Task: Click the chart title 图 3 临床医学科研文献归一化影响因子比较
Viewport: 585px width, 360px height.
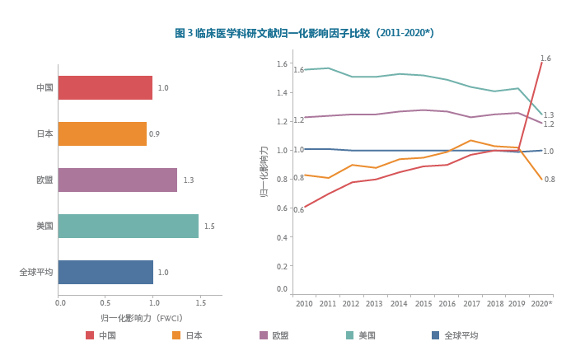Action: coord(304,34)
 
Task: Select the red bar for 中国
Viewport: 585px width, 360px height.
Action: coord(105,88)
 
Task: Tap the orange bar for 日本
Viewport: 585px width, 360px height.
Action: coord(102,133)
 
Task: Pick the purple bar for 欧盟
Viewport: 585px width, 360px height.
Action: coord(118,180)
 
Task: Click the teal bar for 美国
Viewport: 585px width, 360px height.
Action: coord(129,226)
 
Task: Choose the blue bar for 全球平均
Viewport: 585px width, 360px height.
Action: coord(105,272)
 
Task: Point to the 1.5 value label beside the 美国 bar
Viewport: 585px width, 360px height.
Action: coord(209,227)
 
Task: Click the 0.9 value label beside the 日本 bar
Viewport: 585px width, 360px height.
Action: coord(154,134)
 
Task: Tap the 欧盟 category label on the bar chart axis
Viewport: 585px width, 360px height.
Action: coord(44,180)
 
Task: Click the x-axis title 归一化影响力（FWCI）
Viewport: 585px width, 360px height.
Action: coord(141,318)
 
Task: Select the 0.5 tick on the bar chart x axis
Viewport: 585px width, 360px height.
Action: coord(105,303)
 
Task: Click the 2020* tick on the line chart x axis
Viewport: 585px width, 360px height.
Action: coord(541,304)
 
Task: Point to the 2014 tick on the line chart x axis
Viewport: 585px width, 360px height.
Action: coord(399,304)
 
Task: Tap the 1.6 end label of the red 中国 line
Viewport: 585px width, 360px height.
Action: coord(545,58)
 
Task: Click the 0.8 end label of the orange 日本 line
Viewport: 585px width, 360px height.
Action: coord(550,180)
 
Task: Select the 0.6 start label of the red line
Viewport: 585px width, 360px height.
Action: coord(298,210)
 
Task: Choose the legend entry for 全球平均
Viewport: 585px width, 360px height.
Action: coord(455,335)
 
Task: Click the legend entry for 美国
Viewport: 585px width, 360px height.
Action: coord(361,335)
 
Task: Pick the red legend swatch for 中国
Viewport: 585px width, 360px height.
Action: coord(90,335)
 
